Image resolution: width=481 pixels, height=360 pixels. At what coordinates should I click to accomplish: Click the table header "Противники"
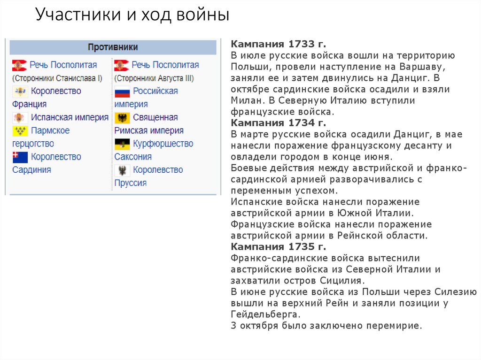113,47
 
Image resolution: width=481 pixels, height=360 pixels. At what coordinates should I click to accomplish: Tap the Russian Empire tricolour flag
122,92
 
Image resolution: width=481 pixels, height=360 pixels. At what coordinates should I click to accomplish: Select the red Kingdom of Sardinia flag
20,157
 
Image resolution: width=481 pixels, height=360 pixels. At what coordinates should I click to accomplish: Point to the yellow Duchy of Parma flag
20,131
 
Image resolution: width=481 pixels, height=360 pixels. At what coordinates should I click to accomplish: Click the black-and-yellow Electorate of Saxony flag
122,144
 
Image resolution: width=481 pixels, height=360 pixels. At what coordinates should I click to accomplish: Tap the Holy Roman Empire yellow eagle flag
122,118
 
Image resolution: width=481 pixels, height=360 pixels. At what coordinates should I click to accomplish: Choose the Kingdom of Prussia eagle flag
122,170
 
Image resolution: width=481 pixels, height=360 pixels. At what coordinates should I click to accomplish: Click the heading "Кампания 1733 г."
278,44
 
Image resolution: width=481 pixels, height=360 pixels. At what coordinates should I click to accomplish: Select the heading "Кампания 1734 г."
278,123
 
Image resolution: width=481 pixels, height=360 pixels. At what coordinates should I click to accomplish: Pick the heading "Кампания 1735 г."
278,247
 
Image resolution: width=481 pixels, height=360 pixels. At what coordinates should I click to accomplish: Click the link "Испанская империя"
70,117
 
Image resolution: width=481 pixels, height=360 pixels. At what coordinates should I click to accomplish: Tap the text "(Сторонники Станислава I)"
57,78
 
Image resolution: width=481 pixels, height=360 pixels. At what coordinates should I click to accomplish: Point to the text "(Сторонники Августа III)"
154,78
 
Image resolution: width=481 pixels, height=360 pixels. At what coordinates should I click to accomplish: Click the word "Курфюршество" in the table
163,144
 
